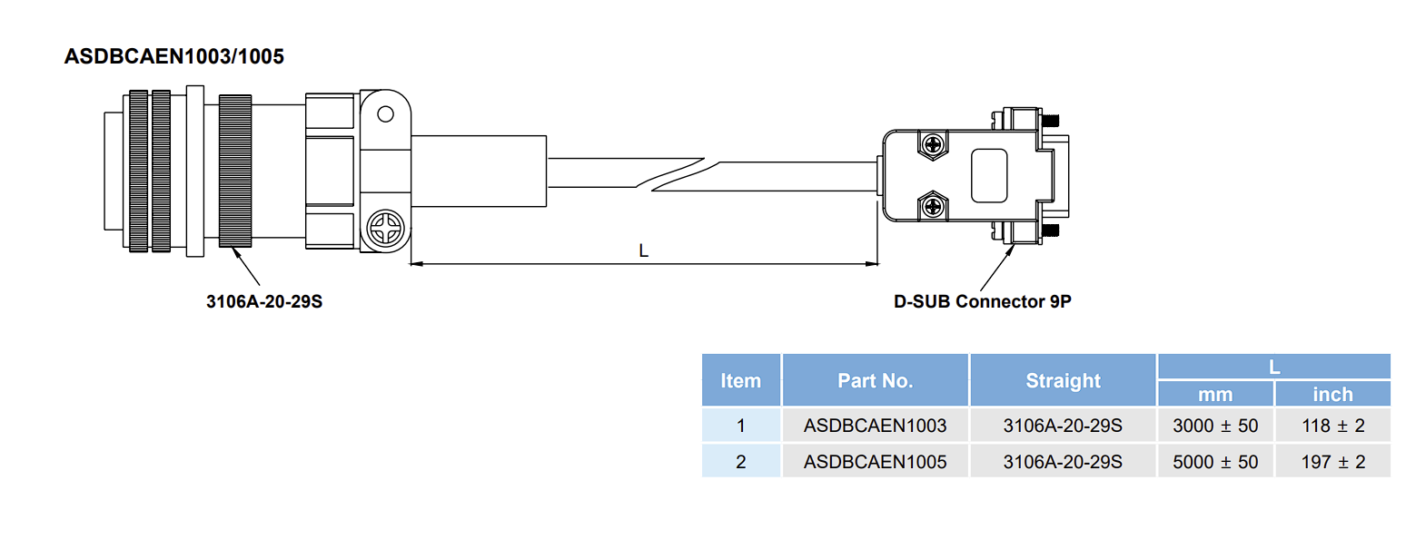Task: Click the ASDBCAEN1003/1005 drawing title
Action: (x=173, y=56)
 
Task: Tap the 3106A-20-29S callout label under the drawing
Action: (x=264, y=302)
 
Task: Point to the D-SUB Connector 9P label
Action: (x=983, y=302)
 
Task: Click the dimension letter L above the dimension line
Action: (x=643, y=251)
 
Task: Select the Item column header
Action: (x=740, y=381)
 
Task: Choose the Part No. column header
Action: (x=875, y=381)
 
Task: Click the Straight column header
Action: (x=1063, y=381)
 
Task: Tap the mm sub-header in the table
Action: (x=1215, y=395)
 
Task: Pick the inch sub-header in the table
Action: (x=1332, y=394)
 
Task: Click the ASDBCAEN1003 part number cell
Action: (x=875, y=426)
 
